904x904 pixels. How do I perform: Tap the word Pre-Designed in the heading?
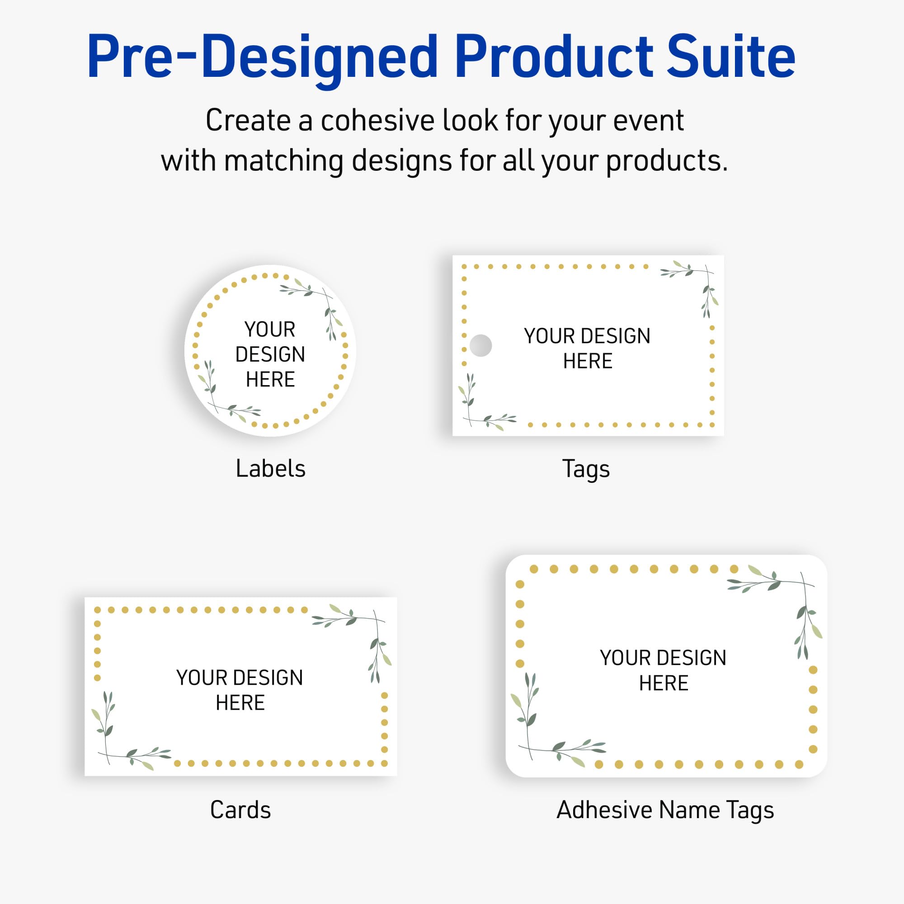[262, 57]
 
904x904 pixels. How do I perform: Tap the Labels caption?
[270, 468]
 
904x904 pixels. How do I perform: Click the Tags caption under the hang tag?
[586, 469]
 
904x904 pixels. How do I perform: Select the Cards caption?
[240, 810]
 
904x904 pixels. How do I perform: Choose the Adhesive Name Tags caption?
[665, 810]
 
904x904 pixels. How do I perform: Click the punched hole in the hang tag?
[480, 345]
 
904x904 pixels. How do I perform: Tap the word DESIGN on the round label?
[270, 354]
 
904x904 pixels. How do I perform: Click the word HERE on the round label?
[270, 380]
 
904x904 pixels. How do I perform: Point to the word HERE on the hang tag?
[588, 361]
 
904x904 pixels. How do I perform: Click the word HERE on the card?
[240, 703]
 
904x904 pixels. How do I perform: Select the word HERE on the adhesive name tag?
[664, 683]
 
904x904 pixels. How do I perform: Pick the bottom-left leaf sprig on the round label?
[225, 395]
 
